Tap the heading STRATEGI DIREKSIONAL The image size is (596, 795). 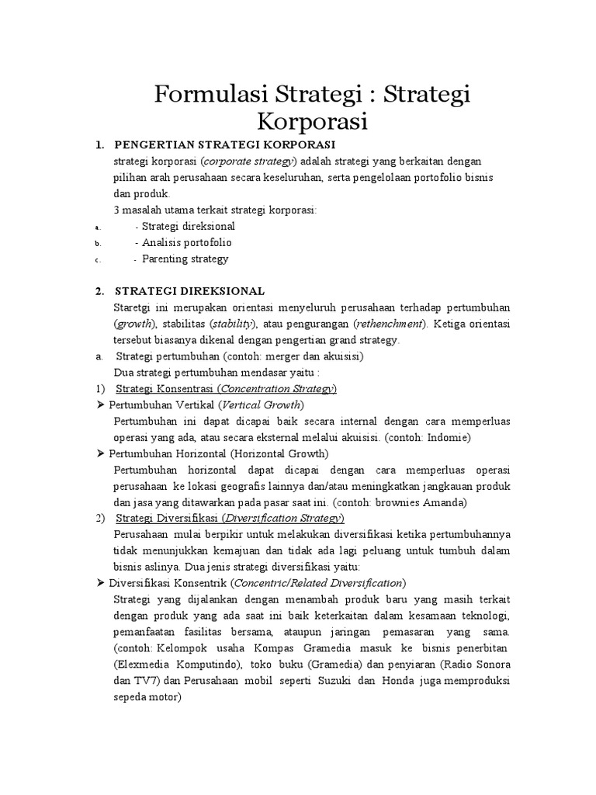189,291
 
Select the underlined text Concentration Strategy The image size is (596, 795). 277,388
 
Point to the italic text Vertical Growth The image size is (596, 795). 262,404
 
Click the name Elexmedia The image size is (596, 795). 143,665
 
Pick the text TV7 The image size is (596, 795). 148,681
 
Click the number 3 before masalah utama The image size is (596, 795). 117,210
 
